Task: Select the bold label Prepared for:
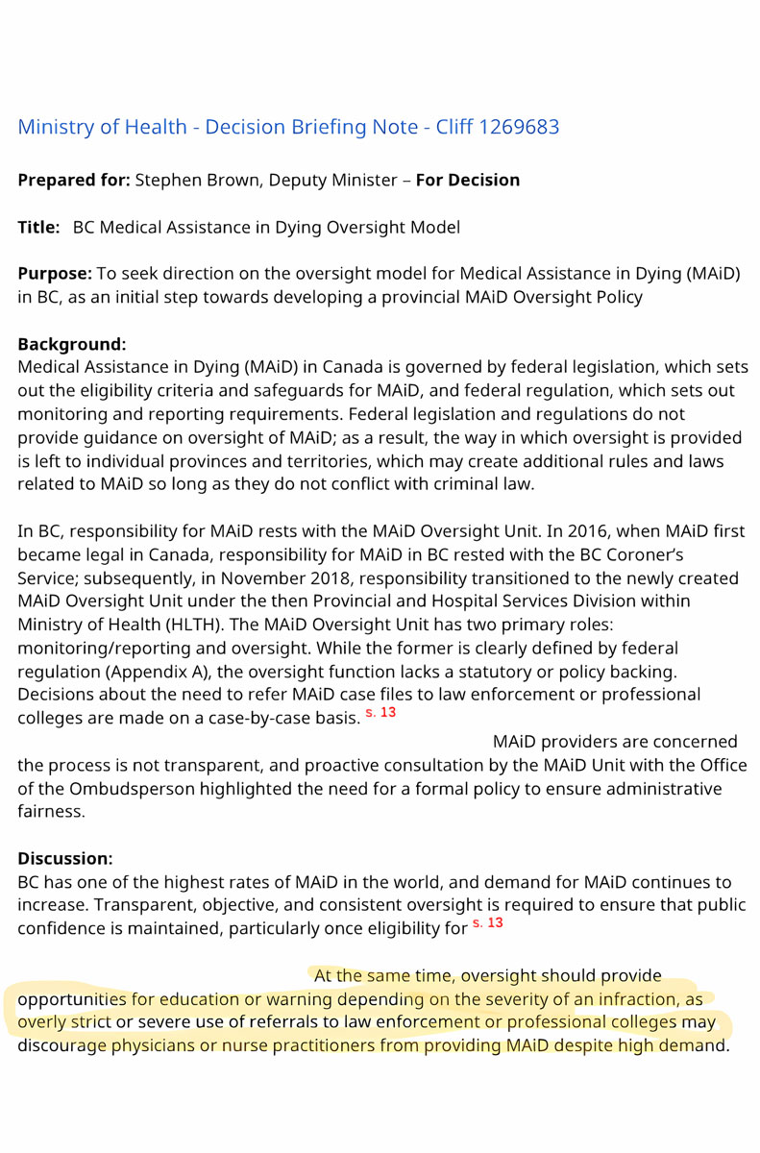coord(74,181)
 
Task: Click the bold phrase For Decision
coord(468,181)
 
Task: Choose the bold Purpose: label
coord(54,274)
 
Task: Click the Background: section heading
coord(72,344)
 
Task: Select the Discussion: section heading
coord(65,858)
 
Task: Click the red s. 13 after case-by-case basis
coord(381,713)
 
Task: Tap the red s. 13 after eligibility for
coord(488,923)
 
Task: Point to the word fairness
coord(49,812)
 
